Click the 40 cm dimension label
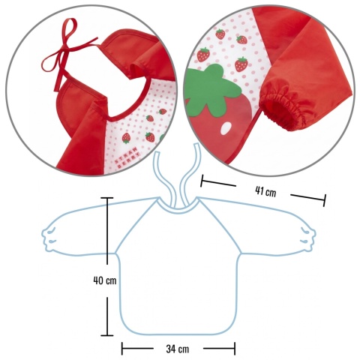tap(105, 280)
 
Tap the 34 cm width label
tap(178, 349)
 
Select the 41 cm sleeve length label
tap(265, 192)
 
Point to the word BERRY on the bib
tap(129, 162)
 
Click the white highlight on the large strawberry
tap(226, 128)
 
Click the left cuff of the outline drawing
tap(50, 238)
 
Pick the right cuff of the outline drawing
tap(308, 238)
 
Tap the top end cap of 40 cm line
tap(107, 198)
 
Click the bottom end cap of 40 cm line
tap(107, 335)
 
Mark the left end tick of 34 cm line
tap(122, 349)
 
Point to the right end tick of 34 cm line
tap(235, 349)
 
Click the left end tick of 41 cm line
tap(202, 180)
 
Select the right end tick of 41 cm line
tap(325, 200)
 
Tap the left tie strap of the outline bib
tap(163, 180)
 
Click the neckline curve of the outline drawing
tap(178, 211)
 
